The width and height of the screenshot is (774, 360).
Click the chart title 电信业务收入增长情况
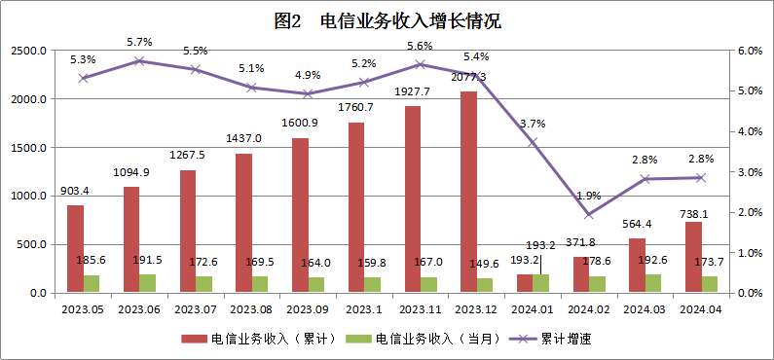pos(388,20)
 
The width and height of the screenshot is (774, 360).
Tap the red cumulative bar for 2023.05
pos(75,248)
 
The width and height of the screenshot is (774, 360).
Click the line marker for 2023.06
pos(139,60)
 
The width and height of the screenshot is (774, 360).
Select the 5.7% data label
pos(139,42)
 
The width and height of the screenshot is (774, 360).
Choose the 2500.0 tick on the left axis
pos(29,51)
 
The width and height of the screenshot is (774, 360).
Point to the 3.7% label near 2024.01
pos(533,124)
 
